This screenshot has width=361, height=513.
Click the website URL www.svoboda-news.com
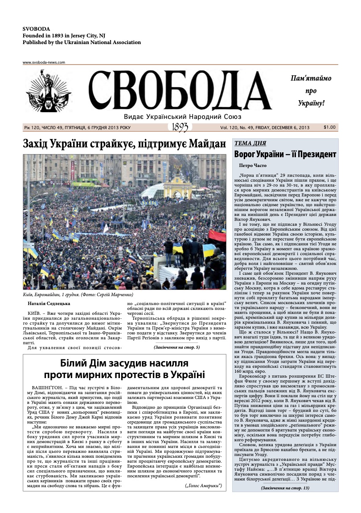(44, 63)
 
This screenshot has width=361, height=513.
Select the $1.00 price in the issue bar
(330, 127)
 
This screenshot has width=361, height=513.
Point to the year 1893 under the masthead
(180, 127)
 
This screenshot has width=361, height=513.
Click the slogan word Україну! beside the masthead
(311, 103)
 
